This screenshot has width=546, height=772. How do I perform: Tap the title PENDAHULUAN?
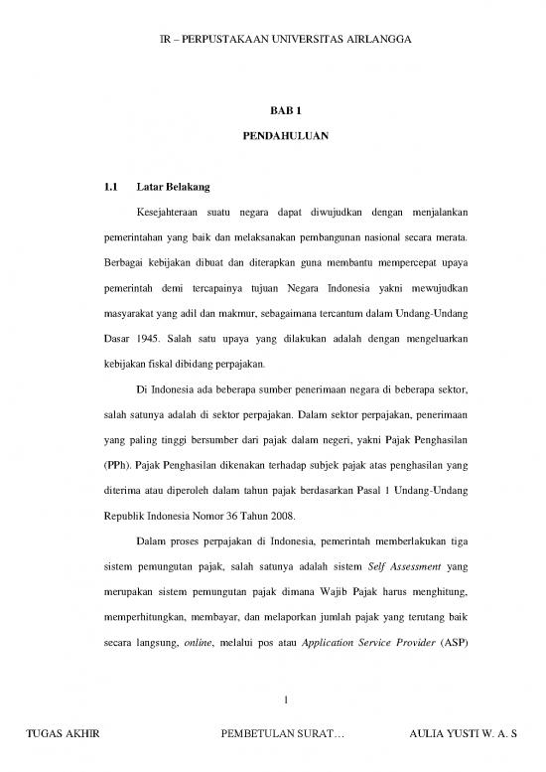tap(272, 134)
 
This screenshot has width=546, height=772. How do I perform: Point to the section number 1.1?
tap(111, 186)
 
